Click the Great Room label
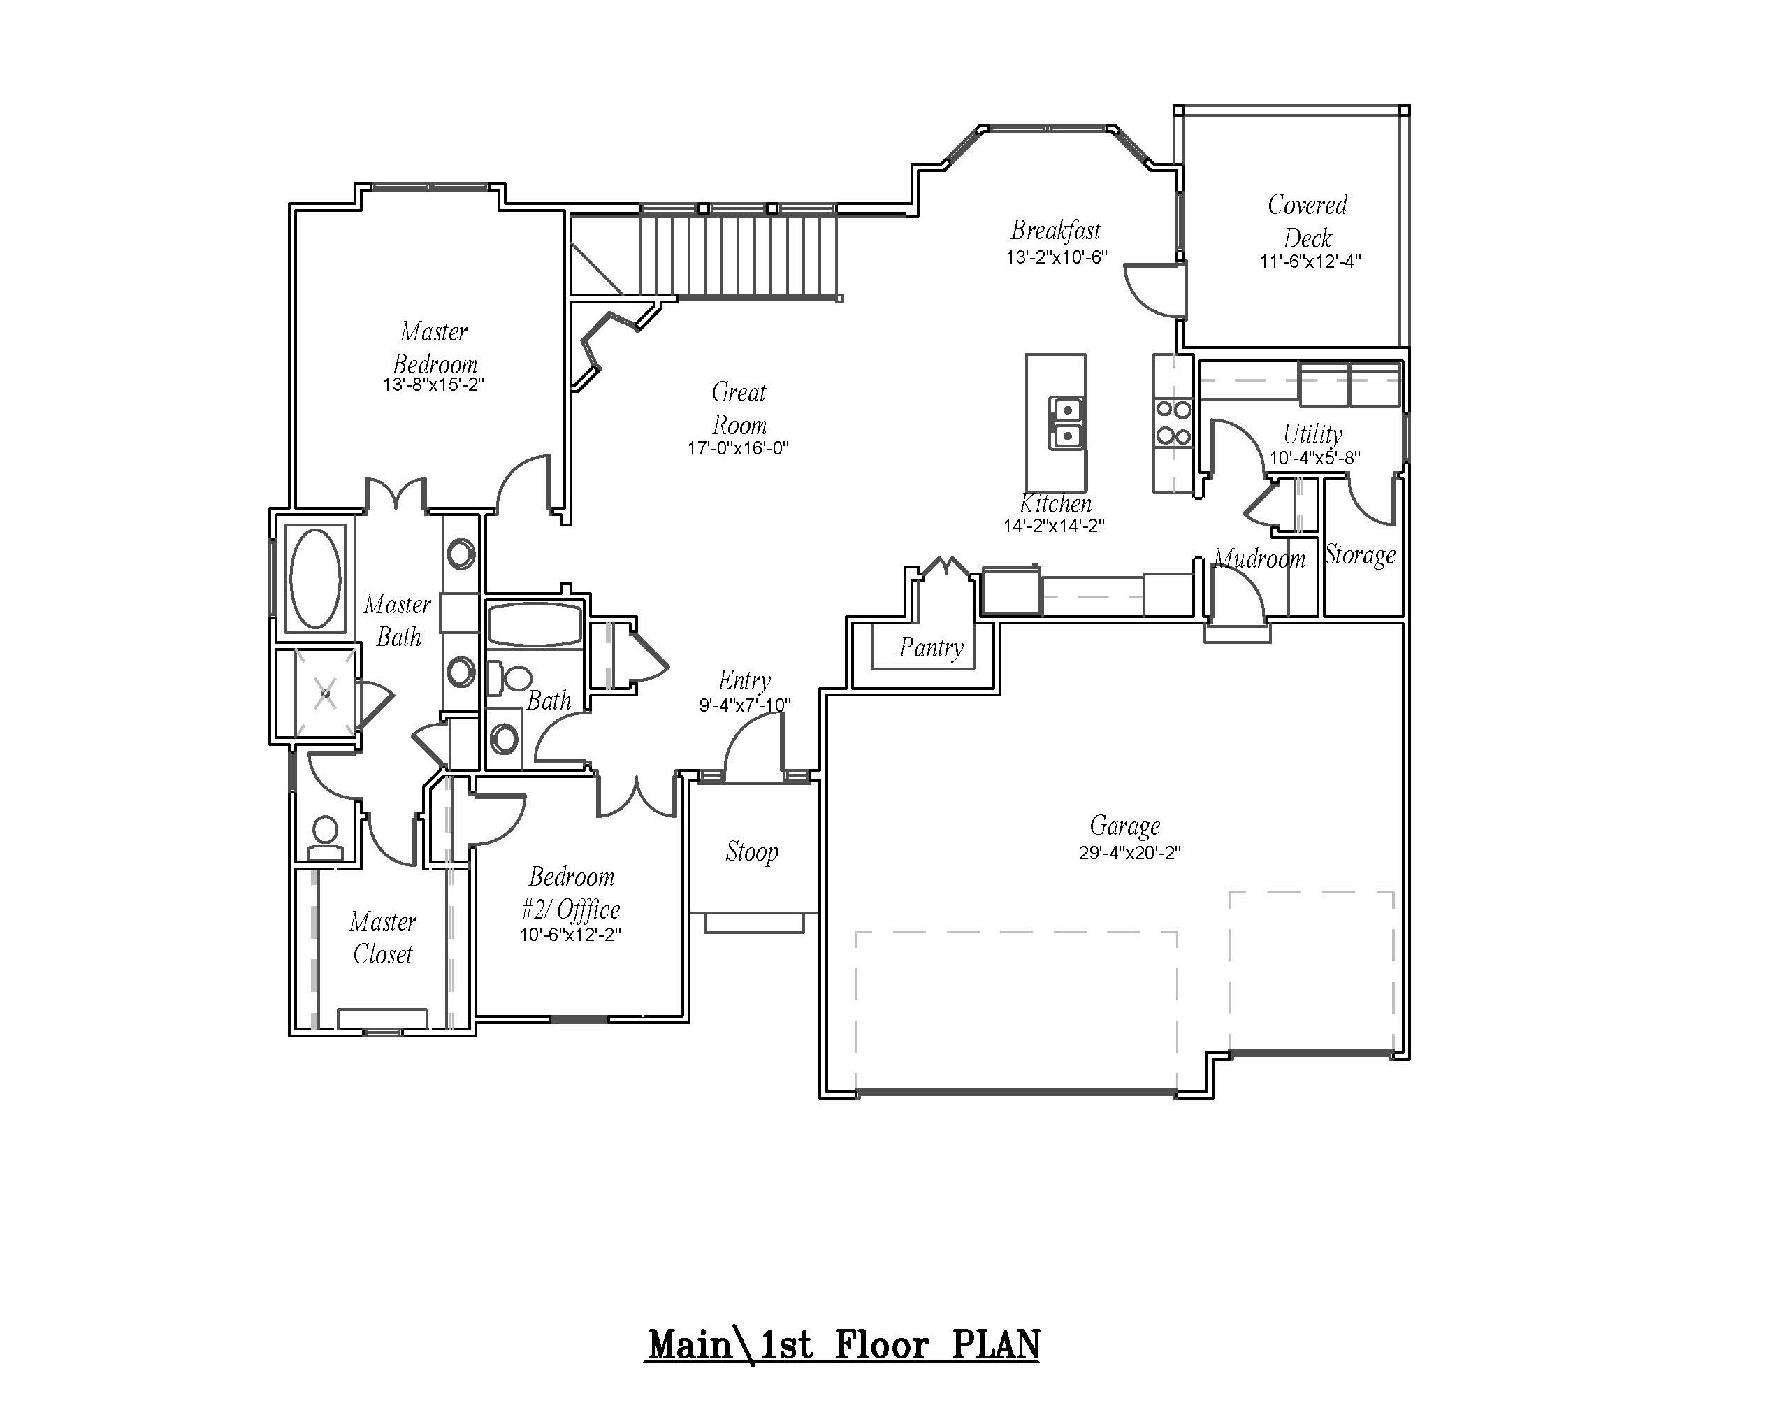click(x=739, y=408)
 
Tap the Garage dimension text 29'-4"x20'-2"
click(x=1129, y=854)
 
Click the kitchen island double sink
click(x=1067, y=422)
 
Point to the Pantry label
click(x=931, y=648)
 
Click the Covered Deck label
click(x=1307, y=221)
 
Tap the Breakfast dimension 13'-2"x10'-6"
click(x=1056, y=257)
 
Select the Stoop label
click(x=752, y=852)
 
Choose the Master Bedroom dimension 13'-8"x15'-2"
click(x=433, y=385)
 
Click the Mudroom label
click(x=1259, y=559)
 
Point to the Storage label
click(x=1360, y=555)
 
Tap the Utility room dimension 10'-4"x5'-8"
click(x=1314, y=459)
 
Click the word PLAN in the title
click(x=996, y=1346)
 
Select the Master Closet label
click(x=383, y=937)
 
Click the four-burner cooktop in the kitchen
click(x=1173, y=422)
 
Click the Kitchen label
click(x=1055, y=503)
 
